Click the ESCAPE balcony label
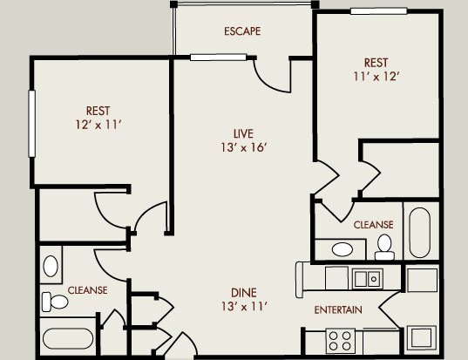click(x=242, y=31)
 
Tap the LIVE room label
click(x=243, y=133)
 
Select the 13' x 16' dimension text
click(x=243, y=147)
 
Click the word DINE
click(x=244, y=293)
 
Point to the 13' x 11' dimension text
click(x=244, y=306)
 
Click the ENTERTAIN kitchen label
click(x=338, y=309)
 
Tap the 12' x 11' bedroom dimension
click(x=98, y=125)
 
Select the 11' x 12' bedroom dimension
click(x=376, y=77)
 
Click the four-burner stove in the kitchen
click(x=340, y=341)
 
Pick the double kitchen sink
click(x=367, y=279)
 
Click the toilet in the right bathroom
click(x=384, y=247)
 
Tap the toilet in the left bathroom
click(x=55, y=302)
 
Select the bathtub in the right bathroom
click(x=420, y=233)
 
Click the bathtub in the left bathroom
click(x=68, y=339)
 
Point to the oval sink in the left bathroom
click(x=51, y=266)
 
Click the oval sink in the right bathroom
click(x=343, y=249)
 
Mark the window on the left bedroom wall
click(x=31, y=123)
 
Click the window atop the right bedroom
click(x=379, y=11)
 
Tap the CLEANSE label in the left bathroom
click(x=87, y=290)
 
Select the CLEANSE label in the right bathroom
click(x=373, y=225)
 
